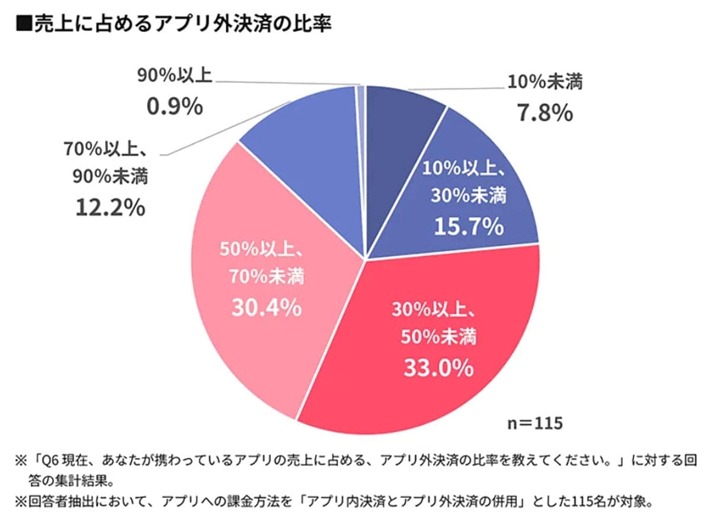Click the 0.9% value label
[x=174, y=106]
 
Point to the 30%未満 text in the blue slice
[x=469, y=197]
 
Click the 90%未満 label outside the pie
[x=110, y=177]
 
